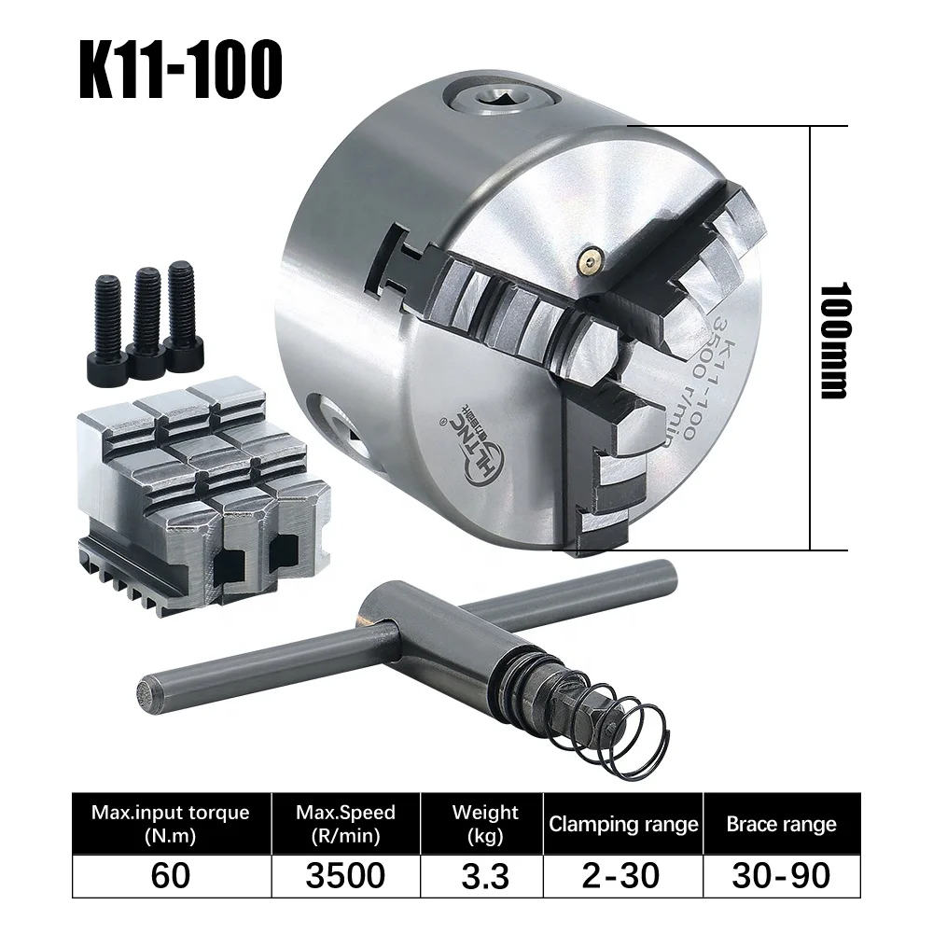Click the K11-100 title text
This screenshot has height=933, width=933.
point(180,69)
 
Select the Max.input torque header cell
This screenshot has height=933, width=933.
point(171,823)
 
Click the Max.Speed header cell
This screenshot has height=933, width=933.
point(345,823)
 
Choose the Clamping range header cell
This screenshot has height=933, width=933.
point(623,824)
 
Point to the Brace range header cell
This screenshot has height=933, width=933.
point(781,824)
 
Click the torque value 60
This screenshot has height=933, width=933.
point(171,875)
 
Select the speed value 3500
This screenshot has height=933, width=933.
point(345,875)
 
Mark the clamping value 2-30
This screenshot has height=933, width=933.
point(623,875)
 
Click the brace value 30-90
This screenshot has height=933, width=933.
point(781,875)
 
